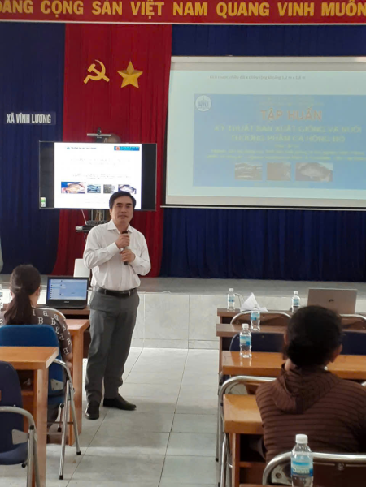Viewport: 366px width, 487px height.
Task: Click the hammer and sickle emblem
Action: click(96, 72)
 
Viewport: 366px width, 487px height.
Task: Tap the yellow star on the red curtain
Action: click(129, 75)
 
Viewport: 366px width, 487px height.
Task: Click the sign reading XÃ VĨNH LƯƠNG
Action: click(29, 119)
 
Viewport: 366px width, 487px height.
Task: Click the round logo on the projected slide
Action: click(203, 103)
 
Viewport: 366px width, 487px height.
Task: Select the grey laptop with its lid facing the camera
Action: click(332, 300)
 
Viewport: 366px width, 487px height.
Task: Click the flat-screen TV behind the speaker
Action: click(98, 175)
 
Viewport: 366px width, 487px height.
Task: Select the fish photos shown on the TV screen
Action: click(98, 187)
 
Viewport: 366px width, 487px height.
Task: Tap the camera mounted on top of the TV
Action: click(100, 136)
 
